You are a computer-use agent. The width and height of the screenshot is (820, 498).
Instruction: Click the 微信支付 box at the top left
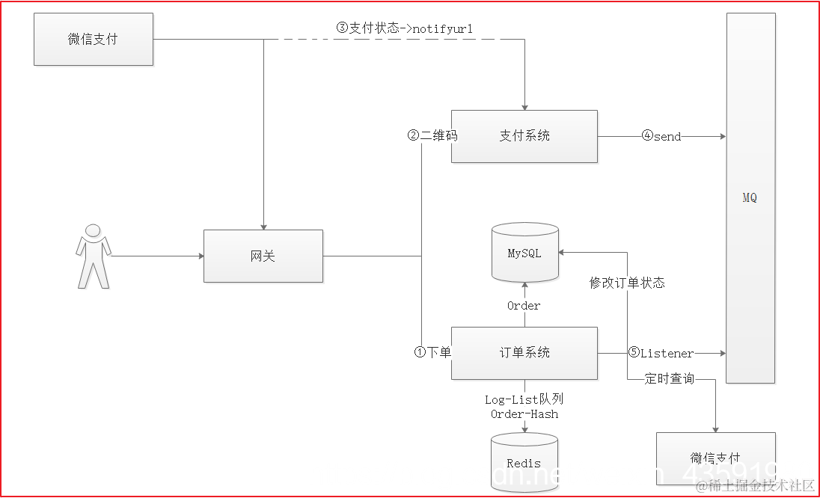(x=93, y=39)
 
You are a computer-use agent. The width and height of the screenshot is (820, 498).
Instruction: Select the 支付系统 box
(x=524, y=136)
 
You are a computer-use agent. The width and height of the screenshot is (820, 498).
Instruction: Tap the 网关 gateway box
(x=263, y=256)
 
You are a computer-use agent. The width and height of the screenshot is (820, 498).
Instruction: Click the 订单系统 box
(x=524, y=352)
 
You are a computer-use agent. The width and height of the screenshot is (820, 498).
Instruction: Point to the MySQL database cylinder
(x=524, y=253)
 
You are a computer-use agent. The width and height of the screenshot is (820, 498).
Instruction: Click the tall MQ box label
(x=750, y=198)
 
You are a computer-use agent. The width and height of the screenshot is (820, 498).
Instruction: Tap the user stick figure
(x=94, y=256)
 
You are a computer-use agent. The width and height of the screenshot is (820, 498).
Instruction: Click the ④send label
(x=661, y=137)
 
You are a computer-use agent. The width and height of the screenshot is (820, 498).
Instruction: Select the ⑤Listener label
(x=661, y=353)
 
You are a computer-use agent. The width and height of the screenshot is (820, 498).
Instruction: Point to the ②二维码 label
(x=432, y=136)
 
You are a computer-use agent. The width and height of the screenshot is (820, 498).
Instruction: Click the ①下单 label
(x=432, y=351)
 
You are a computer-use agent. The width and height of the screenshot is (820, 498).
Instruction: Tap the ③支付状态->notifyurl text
(x=404, y=28)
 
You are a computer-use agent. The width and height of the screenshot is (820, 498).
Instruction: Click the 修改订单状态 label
(x=627, y=283)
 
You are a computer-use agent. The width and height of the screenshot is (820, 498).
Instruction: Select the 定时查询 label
(x=670, y=379)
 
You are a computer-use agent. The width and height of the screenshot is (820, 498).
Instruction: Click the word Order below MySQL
(x=524, y=305)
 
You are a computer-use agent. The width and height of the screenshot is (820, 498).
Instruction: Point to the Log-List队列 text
(x=524, y=400)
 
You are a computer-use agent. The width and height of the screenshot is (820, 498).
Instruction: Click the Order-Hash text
(x=524, y=414)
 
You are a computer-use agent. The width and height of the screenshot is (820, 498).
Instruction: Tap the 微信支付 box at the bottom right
(x=715, y=458)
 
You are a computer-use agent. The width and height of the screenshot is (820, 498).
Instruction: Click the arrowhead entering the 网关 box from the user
(x=201, y=256)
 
